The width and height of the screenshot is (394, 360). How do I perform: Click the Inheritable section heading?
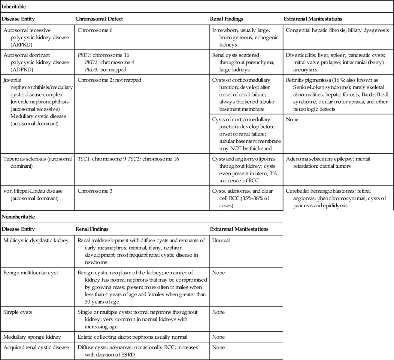14,6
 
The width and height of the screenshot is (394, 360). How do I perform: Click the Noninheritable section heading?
18,217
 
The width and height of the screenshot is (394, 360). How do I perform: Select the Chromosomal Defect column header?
99,19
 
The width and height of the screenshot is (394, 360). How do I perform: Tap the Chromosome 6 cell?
95,30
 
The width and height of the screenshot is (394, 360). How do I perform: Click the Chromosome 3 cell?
95,191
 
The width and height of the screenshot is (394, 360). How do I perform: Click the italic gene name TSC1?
84,159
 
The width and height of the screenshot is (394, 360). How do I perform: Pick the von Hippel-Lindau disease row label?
33,194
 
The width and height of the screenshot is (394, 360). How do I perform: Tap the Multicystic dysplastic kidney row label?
36,240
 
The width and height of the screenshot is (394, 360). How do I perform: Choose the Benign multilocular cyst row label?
31,273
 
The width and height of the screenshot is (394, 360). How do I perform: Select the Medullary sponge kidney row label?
32,337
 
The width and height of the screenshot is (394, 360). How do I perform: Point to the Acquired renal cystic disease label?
36,347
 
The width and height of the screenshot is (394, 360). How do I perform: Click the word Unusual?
221,240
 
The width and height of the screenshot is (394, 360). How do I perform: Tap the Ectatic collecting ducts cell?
132,337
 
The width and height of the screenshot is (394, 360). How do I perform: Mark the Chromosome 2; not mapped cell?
109,80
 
